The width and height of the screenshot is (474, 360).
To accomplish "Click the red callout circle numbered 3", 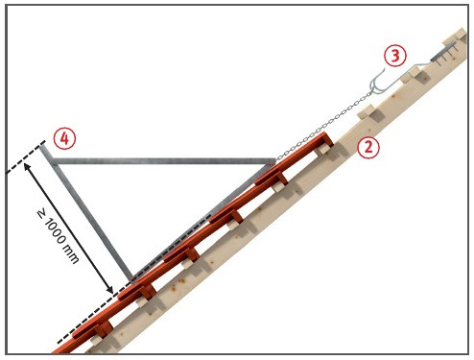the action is [395, 56].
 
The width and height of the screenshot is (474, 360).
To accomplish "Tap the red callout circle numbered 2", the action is [368, 148].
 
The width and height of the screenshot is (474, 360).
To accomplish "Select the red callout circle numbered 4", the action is [64, 139].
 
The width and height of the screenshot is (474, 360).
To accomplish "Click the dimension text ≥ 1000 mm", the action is [58, 236].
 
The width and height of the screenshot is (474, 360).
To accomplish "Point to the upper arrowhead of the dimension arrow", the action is [26, 165].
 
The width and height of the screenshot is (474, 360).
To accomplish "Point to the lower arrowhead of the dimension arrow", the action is [109, 290].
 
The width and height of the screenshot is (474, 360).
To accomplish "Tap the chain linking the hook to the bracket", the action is [323, 126].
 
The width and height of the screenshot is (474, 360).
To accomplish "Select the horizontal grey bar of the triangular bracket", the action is [163, 161].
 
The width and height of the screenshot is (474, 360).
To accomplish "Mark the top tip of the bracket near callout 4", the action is [43, 146].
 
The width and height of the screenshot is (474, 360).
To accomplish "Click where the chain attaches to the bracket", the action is [275, 159].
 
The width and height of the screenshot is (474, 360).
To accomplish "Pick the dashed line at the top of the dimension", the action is [25, 157].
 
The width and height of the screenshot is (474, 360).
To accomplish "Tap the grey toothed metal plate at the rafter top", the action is [443, 54].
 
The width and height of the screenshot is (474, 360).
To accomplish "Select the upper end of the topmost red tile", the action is [328, 137].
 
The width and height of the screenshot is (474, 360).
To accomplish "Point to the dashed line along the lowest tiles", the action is [93, 314].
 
